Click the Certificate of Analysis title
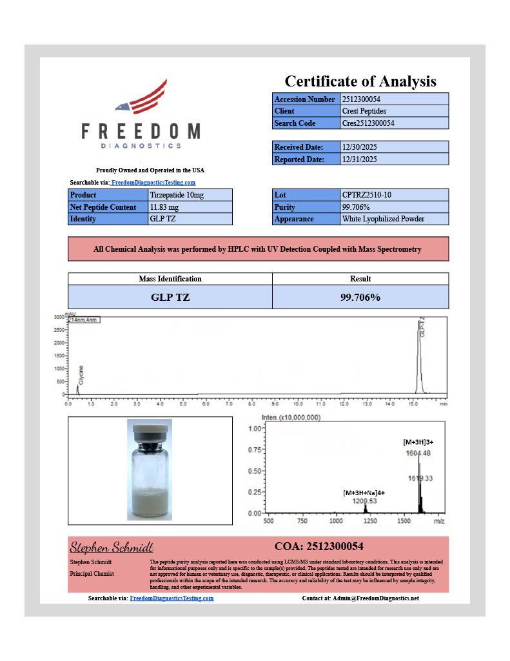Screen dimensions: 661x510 [x=360, y=81]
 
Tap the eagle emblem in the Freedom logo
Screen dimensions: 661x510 [x=142, y=99]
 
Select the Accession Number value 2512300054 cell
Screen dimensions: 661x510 [x=393, y=99]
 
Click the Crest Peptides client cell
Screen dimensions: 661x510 [x=393, y=111]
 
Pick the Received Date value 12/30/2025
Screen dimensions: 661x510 [x=393, y=147]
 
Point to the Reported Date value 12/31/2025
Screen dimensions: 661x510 [x=393, y=159]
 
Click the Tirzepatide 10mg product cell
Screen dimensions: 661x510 [x=190, y=195]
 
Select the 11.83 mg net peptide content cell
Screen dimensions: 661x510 [x=190, y=207]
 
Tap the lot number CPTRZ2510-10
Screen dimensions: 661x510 [x=393, y=195]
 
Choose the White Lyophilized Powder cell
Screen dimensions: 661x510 [x=393, y=219]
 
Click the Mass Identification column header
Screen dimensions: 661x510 [x=170, y=279]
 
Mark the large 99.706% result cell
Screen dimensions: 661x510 [x=360, y=298]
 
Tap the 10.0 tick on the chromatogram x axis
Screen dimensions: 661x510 [x=297, y=404]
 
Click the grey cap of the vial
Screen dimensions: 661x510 [x=150, y=428]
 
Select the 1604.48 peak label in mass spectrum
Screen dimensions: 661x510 [x=418, y=453]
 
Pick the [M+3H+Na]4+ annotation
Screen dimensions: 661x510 [x=364, y=493]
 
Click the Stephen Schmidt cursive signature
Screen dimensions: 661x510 [x=112, y=547]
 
